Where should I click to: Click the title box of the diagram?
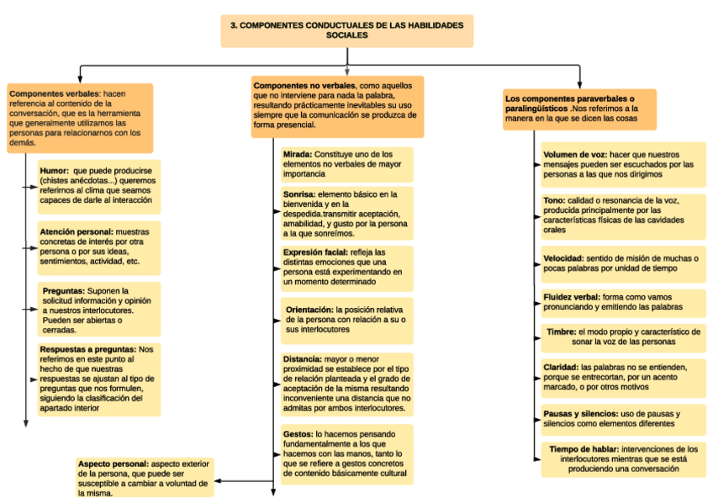[x=346, y=30]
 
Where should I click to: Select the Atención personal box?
[x=98, y=248]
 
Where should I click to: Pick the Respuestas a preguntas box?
[x=98, y=379]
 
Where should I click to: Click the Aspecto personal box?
[x=144, y=478]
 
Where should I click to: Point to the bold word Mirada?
[x=297, y=155]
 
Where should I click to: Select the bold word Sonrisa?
[x=300, y=194]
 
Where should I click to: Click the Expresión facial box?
[x=346, y=268]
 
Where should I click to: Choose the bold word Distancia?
[x=302, y=358]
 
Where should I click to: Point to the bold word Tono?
[x=553, y=200]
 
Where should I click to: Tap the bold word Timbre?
[x=562, y=332]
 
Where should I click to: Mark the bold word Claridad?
[x=561, y=368]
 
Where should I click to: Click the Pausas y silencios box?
[x=623, y=419]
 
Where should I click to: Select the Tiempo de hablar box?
[x=623, y=459]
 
